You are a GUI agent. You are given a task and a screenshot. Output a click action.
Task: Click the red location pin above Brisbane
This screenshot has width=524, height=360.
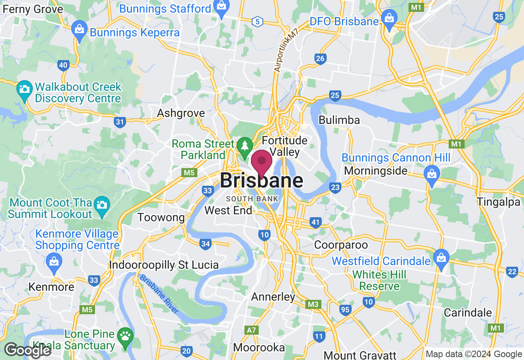pyautogui.click(x=261, y=161)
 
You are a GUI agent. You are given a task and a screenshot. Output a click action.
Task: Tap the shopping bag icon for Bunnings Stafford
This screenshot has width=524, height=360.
pyautogui.click(x=221, y=8)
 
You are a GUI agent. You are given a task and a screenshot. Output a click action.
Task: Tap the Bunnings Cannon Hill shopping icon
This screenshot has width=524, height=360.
pyautogui.click(x=431, y=174)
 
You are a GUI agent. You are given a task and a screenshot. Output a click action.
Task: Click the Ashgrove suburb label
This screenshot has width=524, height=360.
pyautogui.click(x=181, y=113)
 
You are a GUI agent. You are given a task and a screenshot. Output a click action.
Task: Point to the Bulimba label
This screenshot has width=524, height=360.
pyautogui.click(x=339, y=120)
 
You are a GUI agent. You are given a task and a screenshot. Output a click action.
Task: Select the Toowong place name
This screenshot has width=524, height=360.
pyautogui.click(x=161, y=217)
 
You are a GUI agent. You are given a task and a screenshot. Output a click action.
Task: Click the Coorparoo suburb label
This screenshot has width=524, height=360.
pyautogui.click(x=341, y=245)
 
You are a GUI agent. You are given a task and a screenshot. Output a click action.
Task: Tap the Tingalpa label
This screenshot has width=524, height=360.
pyautogui.click(x=498, y=202)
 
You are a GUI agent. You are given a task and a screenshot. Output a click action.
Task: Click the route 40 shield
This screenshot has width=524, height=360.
pyautogui.click(x=63, y=65)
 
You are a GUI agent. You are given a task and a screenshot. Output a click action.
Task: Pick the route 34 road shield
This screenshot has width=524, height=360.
pyautogui.click(x=206, y=244)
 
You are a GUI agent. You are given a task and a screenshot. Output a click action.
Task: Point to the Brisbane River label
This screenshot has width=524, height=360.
pyautogui.click(x=159, y=294)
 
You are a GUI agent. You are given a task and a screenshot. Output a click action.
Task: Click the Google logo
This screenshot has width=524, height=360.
pyautogui.click(x=27, y=350)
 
